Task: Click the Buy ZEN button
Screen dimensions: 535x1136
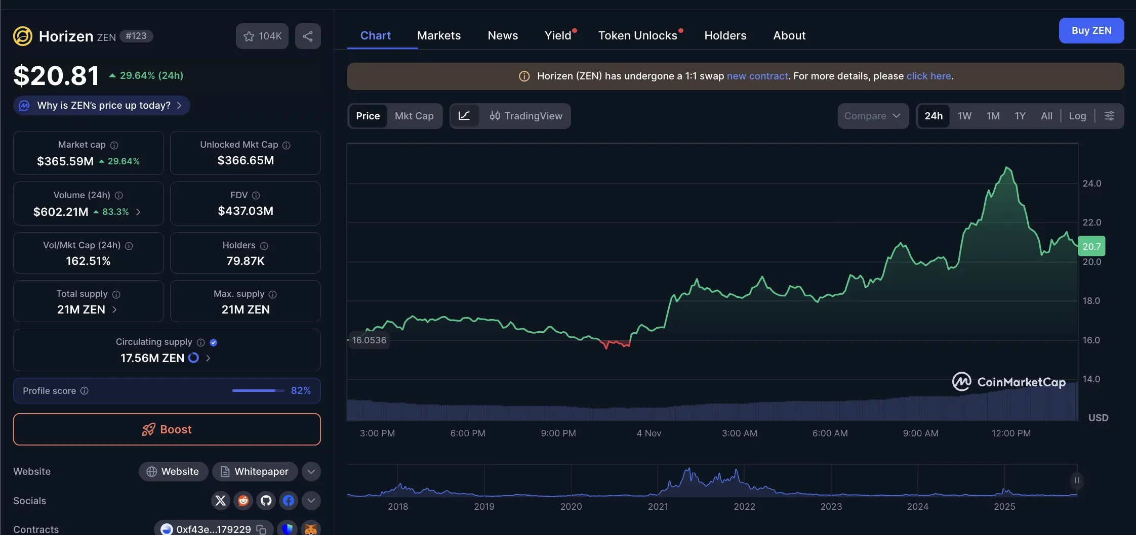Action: point(1091,31)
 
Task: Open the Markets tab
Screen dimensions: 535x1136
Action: point(439,35)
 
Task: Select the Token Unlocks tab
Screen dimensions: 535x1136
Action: point(637,35)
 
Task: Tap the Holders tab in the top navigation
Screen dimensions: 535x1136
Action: point(725,35)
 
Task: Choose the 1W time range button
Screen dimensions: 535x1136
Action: point(964,116)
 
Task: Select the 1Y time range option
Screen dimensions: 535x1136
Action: point(1020,116)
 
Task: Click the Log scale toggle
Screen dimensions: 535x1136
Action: point(1077,116)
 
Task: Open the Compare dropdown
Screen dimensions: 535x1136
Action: point(872,116)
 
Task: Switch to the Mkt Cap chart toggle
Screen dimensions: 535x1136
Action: point(414,116)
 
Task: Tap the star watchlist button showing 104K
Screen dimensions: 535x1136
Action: point(262,36)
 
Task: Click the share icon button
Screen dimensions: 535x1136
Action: point(308,36)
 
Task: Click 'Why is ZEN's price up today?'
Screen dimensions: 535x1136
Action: point(103,105)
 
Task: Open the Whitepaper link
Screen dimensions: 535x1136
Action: point(255,471)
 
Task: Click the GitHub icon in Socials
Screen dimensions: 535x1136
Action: point(266,501)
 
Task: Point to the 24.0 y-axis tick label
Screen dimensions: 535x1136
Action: point(1091,184)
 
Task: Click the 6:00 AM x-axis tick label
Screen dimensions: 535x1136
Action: point(830,433)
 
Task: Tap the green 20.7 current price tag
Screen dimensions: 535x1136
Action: point(1091,246)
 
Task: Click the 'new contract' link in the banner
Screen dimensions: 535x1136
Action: point(757,76)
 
